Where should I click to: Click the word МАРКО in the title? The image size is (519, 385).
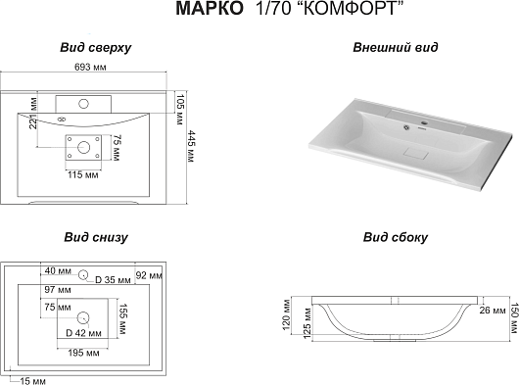click(x=210, y=9)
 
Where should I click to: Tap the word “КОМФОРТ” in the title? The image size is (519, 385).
click(x=349, y=9)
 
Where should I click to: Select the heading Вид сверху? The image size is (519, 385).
click(x=96, y=48)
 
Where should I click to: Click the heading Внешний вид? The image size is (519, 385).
click(x=396, y=47)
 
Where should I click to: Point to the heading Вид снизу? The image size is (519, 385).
click(x=96, y=237)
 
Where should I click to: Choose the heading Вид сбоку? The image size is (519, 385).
click(x=396, y=237)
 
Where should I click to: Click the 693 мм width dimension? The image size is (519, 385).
click(x=90, y=68)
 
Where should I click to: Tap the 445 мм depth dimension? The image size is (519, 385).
click(x=191, y=146)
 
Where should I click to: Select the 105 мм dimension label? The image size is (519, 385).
click(x=179, y=110)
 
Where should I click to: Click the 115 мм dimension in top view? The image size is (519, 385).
click(x=83, y=174)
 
